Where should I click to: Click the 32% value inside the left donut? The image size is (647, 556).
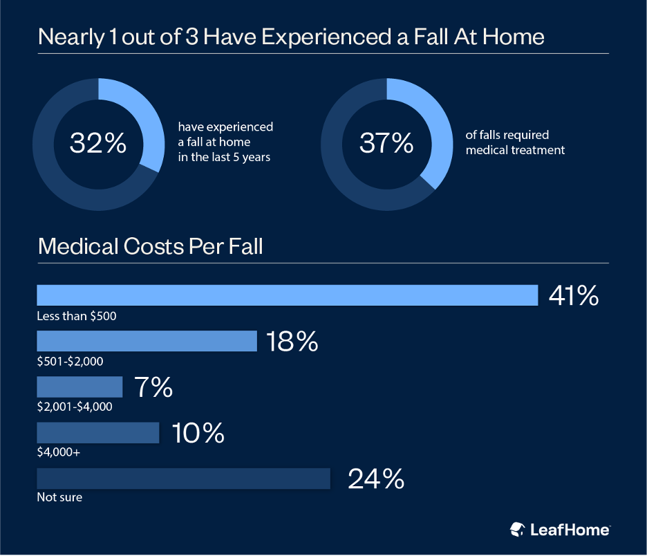[98, 143]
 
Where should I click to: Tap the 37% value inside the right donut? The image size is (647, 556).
[386, 143]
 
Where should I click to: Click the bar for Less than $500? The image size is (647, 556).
[287, 295]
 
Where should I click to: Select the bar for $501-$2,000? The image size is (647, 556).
[147, 341]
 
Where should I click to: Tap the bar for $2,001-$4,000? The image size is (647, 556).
[79, 387]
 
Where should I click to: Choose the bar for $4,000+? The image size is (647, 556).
[97, 433]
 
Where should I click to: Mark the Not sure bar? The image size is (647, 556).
[183, 479]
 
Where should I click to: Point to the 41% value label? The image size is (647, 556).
[573, 296]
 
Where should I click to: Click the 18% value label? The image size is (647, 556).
[292, 342]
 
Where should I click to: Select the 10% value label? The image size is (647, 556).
[198, 433]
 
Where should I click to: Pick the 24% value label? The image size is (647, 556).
[375, 479]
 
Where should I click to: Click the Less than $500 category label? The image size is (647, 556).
[77, 316]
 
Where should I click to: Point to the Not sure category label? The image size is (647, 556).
[59, 497]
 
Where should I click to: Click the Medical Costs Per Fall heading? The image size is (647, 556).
[150, 246]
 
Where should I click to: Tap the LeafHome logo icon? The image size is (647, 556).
[518, 530]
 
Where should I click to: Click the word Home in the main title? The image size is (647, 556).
[510, 36]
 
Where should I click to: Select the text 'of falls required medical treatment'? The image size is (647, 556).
[515, 143]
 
